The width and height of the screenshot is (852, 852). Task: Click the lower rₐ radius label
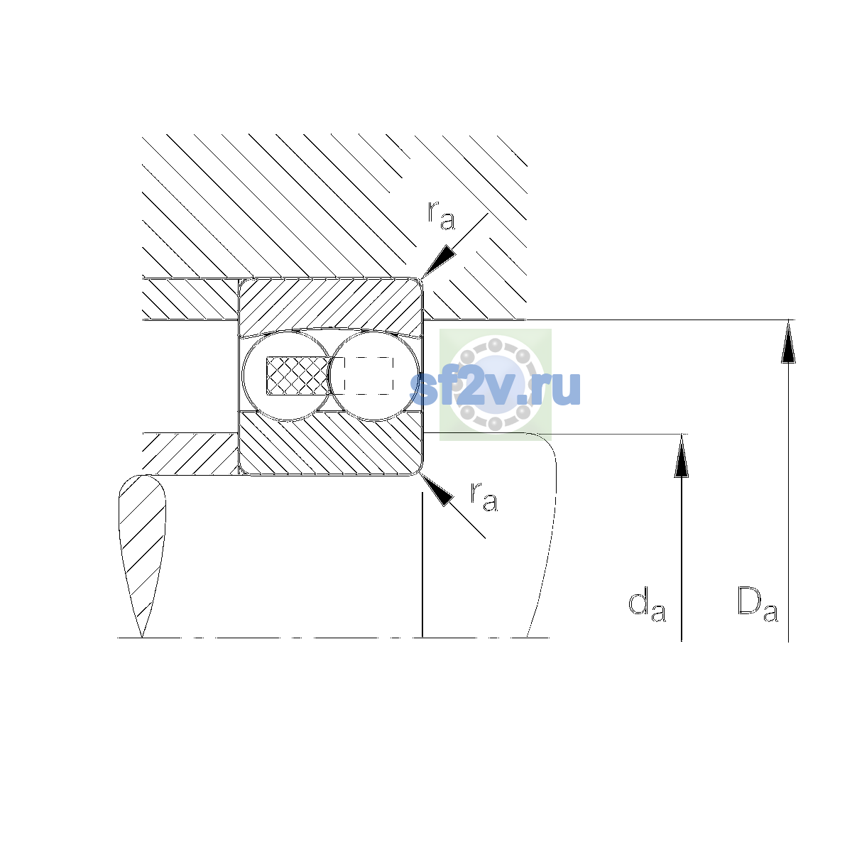pos(484,497)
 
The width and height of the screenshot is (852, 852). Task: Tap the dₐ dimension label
pos(647,605)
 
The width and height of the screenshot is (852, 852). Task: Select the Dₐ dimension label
pos(758,604)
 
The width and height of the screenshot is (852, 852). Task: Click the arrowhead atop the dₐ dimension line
pos(682,456)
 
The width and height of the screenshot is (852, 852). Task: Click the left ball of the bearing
pos(287,376)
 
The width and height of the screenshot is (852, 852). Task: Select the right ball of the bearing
pos(374,376)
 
